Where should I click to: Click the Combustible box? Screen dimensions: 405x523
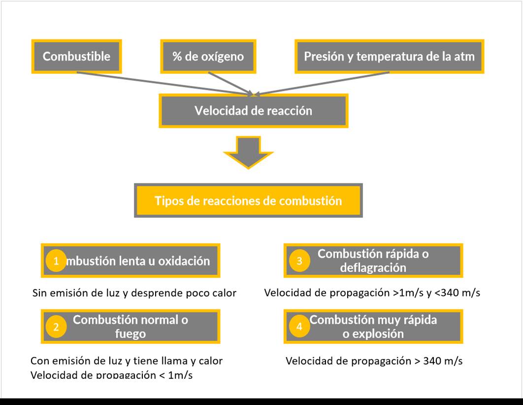(x=76, y=56)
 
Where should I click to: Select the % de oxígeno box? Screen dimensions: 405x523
(x=208, y=56)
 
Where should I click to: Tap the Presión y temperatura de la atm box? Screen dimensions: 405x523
(x=389, y=56)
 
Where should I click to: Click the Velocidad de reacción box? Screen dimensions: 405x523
(x=253, y=110)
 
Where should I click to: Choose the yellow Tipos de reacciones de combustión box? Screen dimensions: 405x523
(x=248, y=201)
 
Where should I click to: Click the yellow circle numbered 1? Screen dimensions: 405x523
(x=56, y=261)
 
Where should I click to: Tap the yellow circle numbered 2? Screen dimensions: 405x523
(x=56, y=327)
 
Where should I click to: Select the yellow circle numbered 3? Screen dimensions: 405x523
(x=299, y=261)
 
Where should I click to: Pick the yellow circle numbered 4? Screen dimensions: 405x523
(x=299, y=327)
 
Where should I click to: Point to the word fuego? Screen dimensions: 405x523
(x=131, y=334)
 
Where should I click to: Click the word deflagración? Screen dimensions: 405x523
(x=373, y=268)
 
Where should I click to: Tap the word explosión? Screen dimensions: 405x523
(x=373, y=334)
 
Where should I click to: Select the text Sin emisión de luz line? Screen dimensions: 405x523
(x=134, y=293)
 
